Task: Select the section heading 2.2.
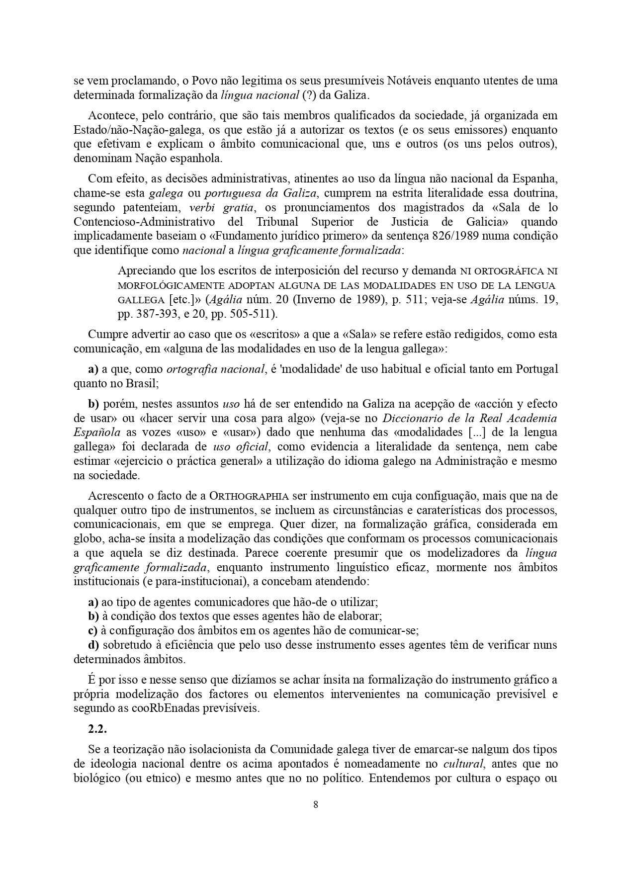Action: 97,729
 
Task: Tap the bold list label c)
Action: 92,631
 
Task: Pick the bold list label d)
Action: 93,645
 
